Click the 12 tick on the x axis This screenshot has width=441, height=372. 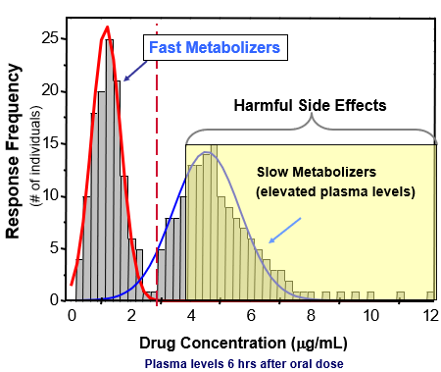428,315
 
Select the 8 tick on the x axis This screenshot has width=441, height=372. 310,315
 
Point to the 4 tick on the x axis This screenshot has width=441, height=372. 191,315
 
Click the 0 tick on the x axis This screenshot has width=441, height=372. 72,315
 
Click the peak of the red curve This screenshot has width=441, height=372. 107,27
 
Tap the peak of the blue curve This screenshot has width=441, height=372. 207,152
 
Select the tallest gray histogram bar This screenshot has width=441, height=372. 109,167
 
